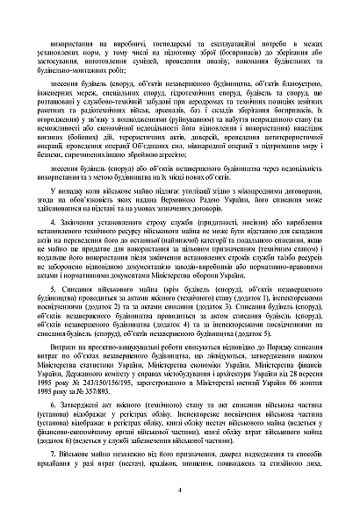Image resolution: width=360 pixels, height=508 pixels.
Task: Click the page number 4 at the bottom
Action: point(179,490)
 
